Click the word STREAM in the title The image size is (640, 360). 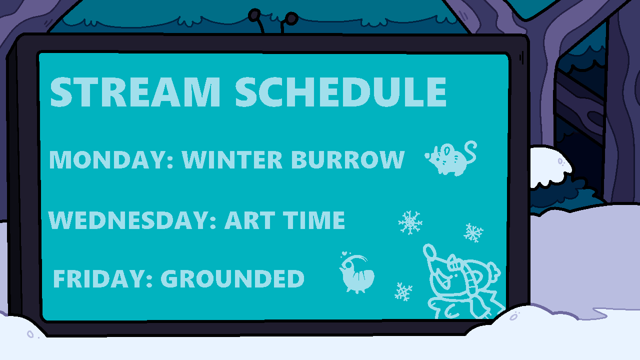click(x=135, y=92)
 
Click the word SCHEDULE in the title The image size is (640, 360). click(x=341, y=92)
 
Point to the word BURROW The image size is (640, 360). click(x=348, y=159)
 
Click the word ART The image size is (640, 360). click(x=250, y=220)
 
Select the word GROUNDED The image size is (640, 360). click(x=232, y=279)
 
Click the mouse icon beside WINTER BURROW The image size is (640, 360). click(x=450, y=158)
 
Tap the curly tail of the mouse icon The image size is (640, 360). click(x=470, y=151)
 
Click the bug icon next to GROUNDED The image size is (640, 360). click(x=356, y=273)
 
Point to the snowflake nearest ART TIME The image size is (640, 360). click(x=410, y=222)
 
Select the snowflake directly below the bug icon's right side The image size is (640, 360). click(x=403, y=291)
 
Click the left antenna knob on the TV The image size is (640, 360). click(x=254, y=15)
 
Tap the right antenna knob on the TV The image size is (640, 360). click(x=291, y=18)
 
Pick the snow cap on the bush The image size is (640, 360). click(x=550, y=165)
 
